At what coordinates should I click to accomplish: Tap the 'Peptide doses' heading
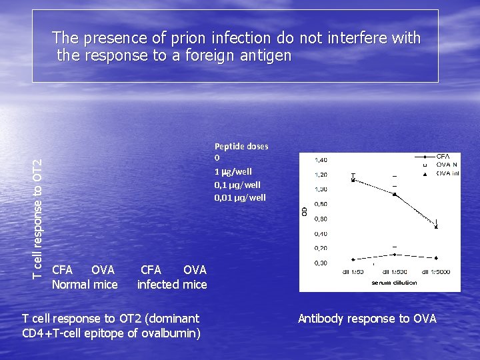(x=241, y=146)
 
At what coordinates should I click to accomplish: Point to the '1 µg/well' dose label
(x=233, y=171)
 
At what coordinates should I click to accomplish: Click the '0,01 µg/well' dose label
(x=239, y=197)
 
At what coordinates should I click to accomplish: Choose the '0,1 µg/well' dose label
(x=237, y=185)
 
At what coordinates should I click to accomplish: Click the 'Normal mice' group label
(x=85, y=285)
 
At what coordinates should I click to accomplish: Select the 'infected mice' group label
(x=172, y=285)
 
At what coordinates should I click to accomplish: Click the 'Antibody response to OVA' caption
(x=367, y=319)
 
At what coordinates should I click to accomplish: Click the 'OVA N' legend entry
(x=446, y=165)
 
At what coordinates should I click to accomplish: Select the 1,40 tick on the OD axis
(x=321, y=160)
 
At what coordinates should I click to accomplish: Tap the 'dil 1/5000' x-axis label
(x=435, y=272)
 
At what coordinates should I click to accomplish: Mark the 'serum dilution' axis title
(x=394, y=283)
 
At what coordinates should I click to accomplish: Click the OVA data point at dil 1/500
(x=394, y=195)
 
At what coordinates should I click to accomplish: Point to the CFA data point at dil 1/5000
(x=436, y=257)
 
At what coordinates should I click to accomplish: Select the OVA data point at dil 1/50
(x=353, y=180)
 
